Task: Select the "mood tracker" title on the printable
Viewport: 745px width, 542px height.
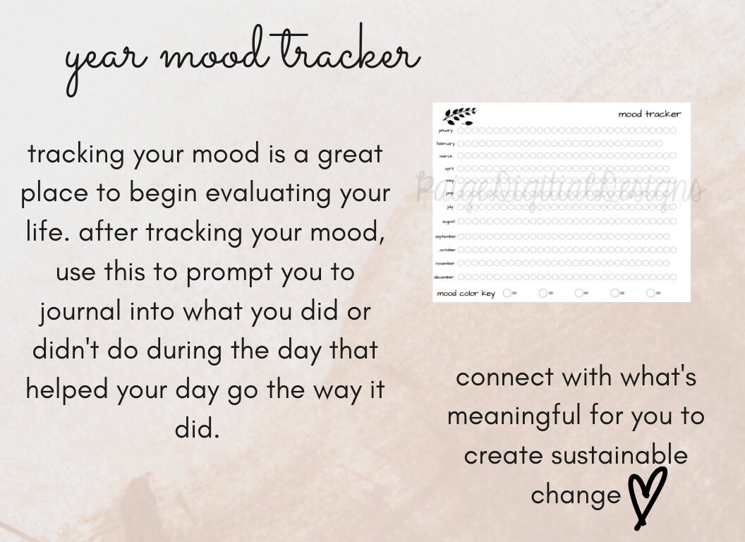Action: [650, 114]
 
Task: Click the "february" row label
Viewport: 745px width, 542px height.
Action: [446, 143]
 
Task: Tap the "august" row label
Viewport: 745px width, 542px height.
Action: [448, 222]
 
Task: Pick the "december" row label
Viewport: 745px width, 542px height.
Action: [444, 277]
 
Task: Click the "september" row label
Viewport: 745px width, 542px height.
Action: [445, 236]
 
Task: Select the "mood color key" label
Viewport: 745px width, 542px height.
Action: [466, 294]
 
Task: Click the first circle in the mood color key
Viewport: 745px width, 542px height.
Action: [507, 294]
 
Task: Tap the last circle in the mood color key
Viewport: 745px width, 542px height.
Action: [650, 294]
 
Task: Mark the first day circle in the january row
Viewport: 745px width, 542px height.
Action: [461, 131]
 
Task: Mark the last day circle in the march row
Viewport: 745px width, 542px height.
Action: [672, 156]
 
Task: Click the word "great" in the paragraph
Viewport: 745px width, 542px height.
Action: [351, 155]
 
